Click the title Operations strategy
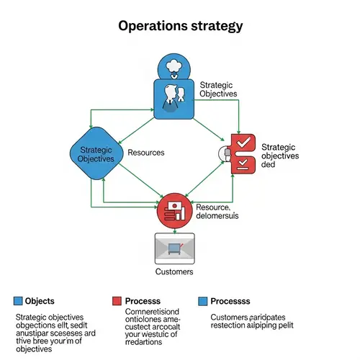pos(179,26)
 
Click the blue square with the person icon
pos(174,99)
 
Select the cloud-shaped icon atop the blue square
pos(174,66)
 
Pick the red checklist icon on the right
pos(243,152)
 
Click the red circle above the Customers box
pos(175,210)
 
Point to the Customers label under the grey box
pos(174,272)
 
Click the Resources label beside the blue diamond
pos(146,153)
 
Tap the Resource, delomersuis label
pos(217,211)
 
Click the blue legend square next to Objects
pos(18,300)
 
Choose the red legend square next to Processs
pos(117,300)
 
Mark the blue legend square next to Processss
pos(203,300)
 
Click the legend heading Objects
pos(39,300)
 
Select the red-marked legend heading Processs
pos(143,300)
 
